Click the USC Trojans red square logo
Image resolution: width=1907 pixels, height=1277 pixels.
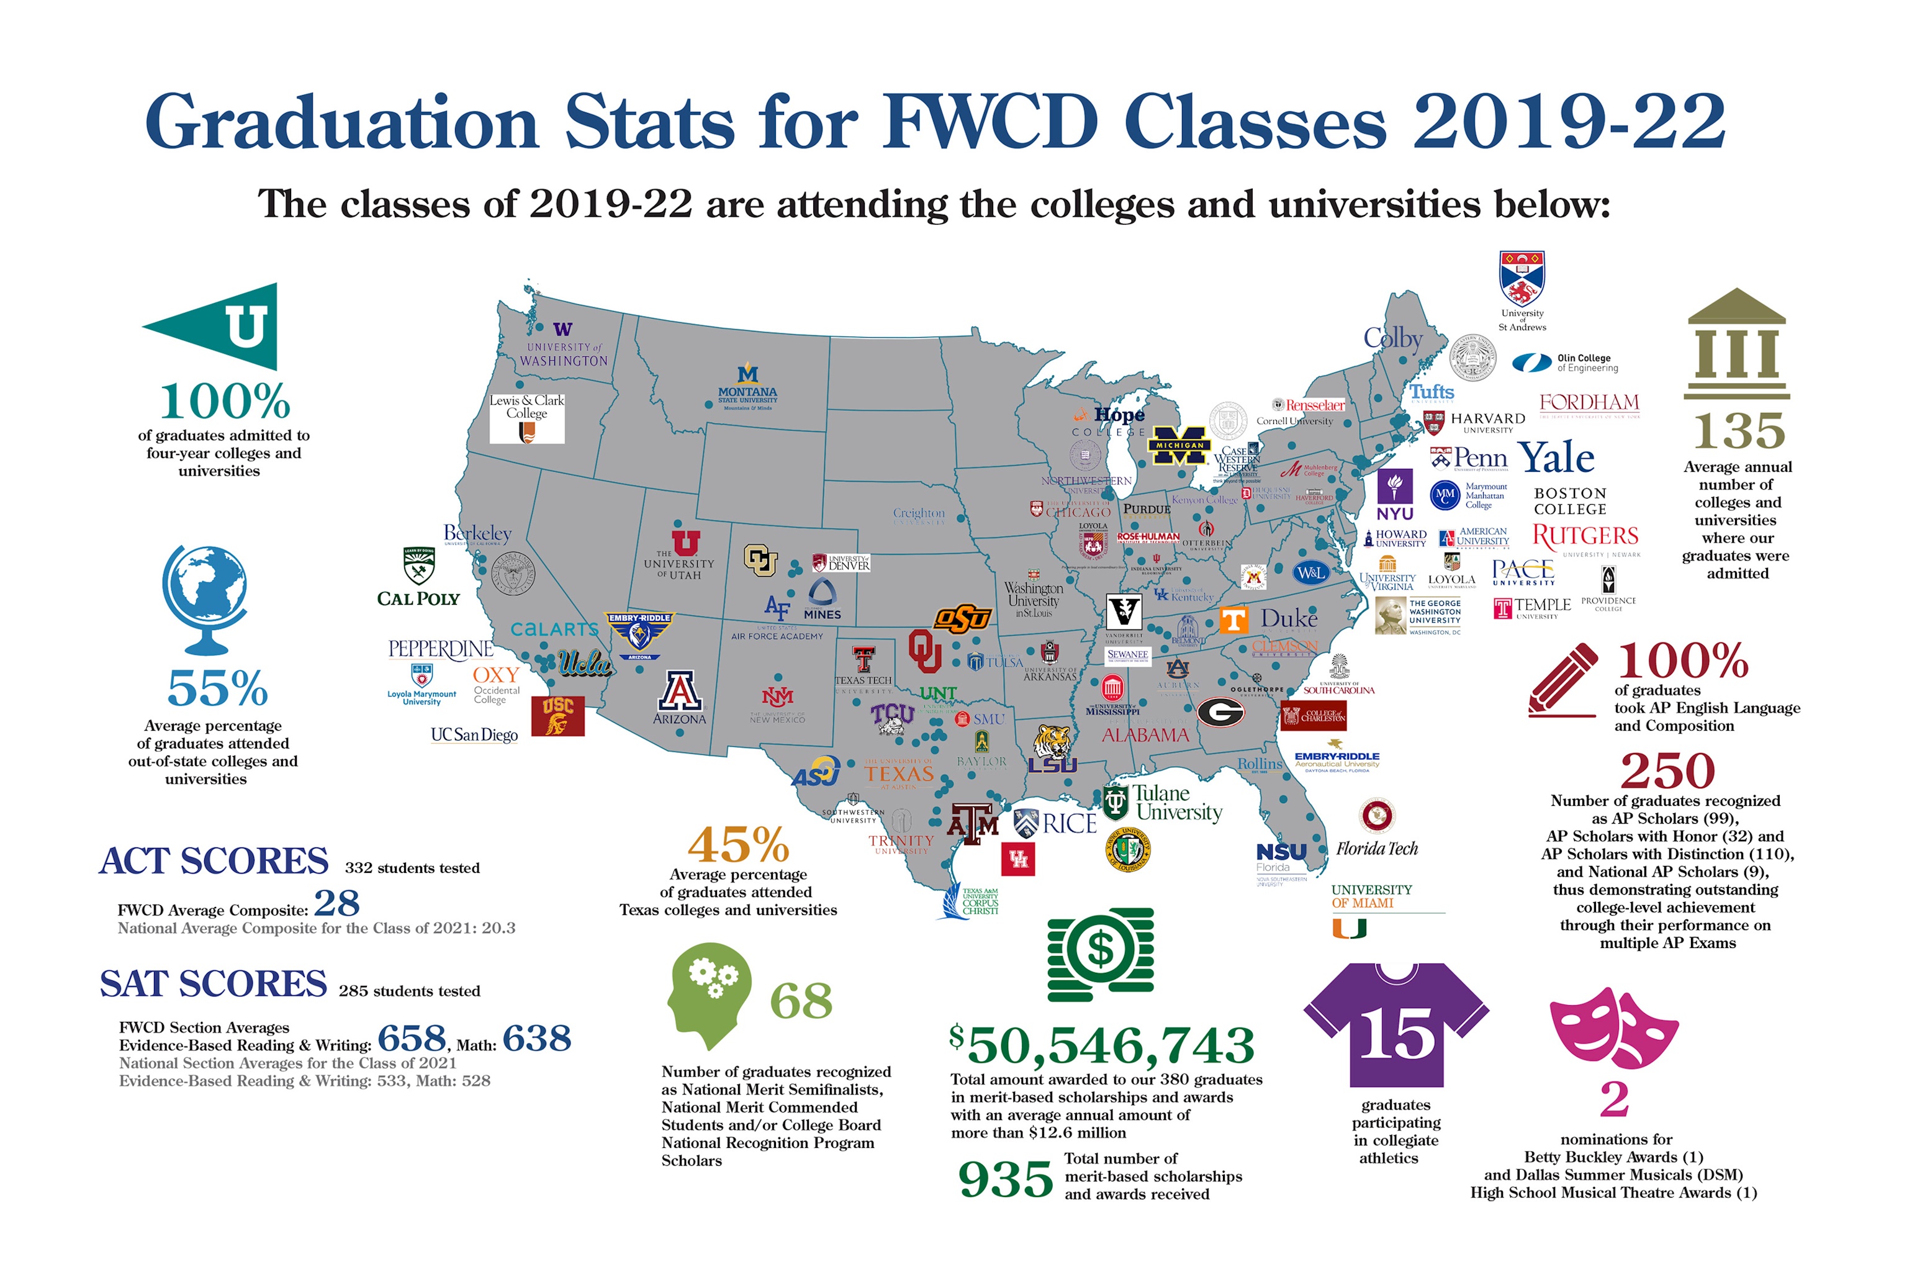pyautogui.click(x=558, y=715)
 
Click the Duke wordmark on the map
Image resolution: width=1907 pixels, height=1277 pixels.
pyautogui.click(x=1288, y=619)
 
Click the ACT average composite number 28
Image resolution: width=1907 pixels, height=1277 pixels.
pyautogui.click(x=336, y=903)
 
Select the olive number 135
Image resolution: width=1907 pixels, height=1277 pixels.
pyautogui.click(x=1738, y=431)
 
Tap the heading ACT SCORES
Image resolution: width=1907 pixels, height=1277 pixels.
pyautogui.click(x=214, y=861)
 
